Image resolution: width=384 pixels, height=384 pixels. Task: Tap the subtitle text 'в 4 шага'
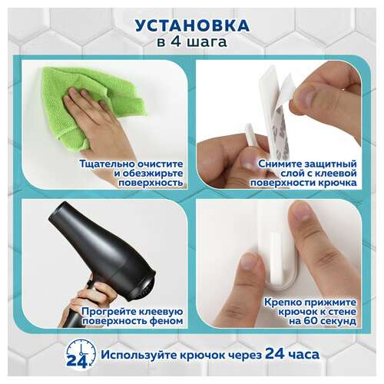click(x=191, y=43)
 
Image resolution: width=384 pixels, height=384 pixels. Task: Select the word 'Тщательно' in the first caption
click(x=103, y=164)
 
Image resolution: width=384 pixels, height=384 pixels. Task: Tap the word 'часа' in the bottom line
click(x=302, y=356)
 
